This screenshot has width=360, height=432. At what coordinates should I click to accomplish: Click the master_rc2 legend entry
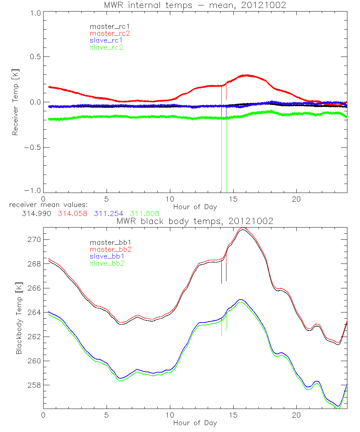(x=110, y=33)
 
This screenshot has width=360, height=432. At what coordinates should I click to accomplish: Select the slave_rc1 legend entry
(x=106, y=40)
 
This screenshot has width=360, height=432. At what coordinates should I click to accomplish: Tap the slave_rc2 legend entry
(x=106, y=47)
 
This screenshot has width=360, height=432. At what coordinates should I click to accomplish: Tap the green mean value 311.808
(x=144, y=213)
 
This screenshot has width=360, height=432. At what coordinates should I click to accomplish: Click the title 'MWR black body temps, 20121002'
(x=195, y=221)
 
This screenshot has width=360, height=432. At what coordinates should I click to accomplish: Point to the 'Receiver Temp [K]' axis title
(x=15, y=102)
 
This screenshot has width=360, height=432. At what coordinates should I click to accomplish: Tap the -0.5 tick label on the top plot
(x=32, y=148)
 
